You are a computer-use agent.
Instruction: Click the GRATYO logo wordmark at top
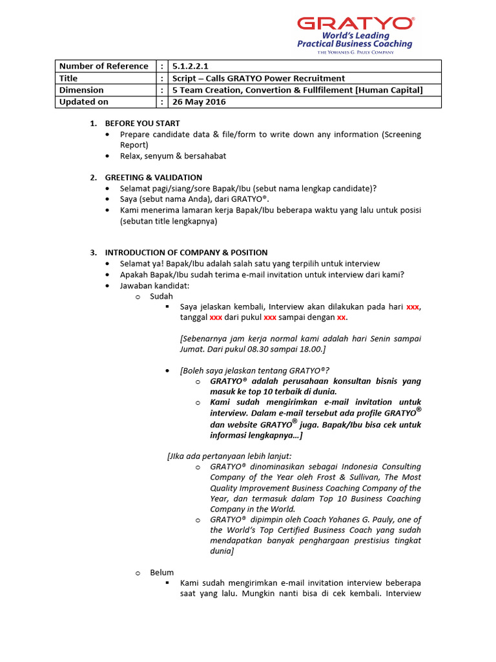[x=355, y=24]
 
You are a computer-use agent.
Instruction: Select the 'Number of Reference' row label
[x=103, y=66]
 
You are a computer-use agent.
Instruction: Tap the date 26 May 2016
[x=199, y=101]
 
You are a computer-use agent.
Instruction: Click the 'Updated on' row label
[x=84, y=101]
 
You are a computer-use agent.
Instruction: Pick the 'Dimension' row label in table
[x=81, y=90]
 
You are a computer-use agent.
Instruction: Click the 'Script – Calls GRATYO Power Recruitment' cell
[x=258, y=78]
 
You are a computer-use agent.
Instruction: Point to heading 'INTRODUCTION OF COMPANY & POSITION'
[x=186, y=252]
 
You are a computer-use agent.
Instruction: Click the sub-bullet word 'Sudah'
[x=161, y=296]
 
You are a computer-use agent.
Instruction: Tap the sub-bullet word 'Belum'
[x=161, y=573]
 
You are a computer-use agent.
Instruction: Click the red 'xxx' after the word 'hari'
[x=413, y=307]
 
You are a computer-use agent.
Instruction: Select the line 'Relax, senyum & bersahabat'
[x=173, y=156]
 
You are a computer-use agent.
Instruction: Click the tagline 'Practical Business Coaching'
[x=355, y=44]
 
